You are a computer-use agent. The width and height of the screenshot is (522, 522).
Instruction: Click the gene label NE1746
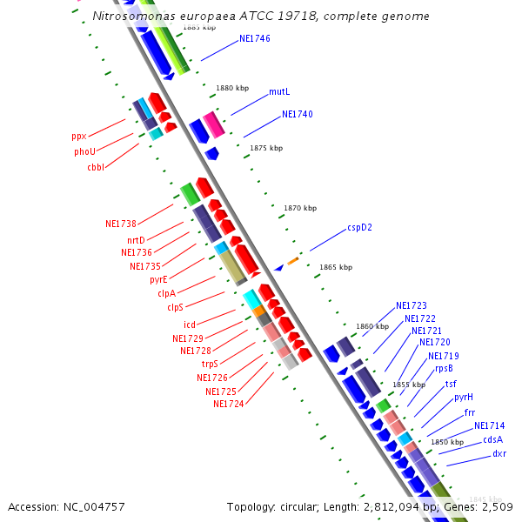pyautogui.click(x=255, y=39)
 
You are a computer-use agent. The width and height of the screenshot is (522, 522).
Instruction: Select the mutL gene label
pyautogui.click(x=279, y=91)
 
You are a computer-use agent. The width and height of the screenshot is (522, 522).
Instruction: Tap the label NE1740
pyautogui.click(x=297, y=114)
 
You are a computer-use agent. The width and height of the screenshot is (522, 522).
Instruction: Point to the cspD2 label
pyautogui.click(x=359, y=227)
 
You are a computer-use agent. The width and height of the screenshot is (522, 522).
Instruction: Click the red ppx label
pyautogui.click(x=79, y=137)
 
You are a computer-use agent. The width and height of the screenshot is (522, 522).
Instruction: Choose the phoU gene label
pyautogui.click(x=84, y=151)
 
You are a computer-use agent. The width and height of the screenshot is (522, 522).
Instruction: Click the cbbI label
pyautogui.click(x=96, y=167)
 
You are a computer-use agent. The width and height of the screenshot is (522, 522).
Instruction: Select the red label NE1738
pyautogui.click(x=121, y=224)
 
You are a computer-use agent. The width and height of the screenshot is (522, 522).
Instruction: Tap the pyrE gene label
pyautogui.click(x=158, y=280)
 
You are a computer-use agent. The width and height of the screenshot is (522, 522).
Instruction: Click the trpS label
pyautogui.click(x=210, y=364)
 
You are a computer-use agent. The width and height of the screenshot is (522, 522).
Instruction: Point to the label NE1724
pyautogui.click(x=228, y=404)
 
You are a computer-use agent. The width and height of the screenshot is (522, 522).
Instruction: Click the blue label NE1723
pyautogui.click(x=412, y=305)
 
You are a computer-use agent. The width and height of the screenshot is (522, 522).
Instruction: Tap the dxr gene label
pyautogui.click(x=499, y=453)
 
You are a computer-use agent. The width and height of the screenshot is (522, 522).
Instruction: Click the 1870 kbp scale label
pyautogui.click(x=300, y=208)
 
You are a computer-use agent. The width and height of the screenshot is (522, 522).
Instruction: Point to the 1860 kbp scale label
pyautogui.click(x=372, y=326)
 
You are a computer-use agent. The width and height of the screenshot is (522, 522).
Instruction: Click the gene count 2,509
pyautogui.click(x=496, y=506)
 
